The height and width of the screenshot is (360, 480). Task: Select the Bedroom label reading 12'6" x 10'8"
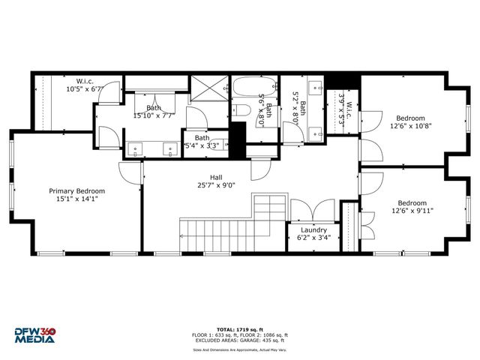click(x=411, y=122)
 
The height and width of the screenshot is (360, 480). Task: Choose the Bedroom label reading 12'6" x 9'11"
click(x=411, y=206)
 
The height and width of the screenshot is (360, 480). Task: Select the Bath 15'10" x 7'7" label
click(x=154, y=112)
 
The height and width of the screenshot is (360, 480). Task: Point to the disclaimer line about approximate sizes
click(x=241, y=349)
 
